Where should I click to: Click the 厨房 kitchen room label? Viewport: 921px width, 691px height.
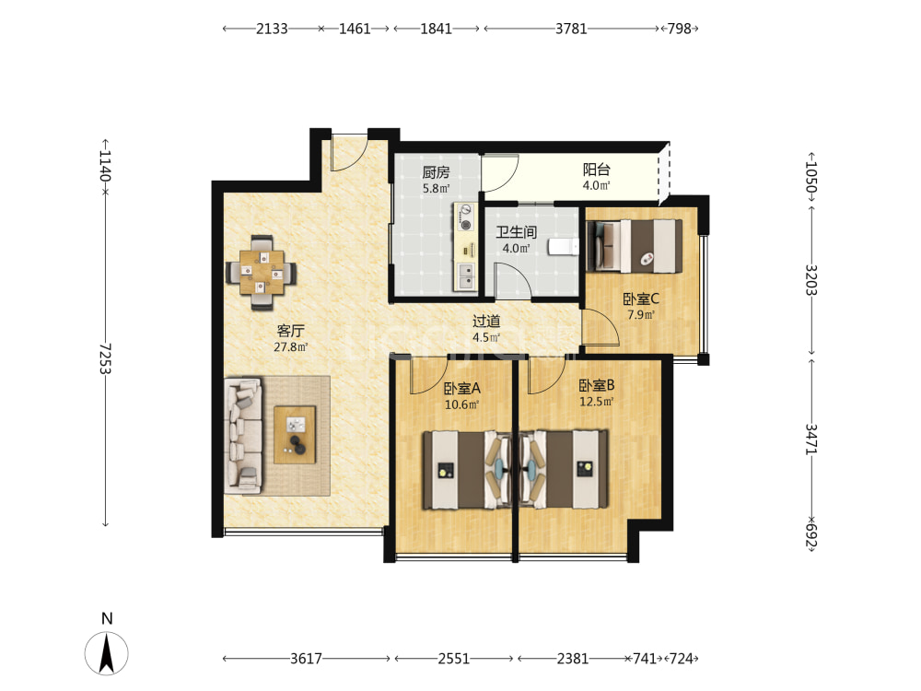coord(436,172)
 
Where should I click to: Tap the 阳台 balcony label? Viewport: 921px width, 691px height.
coord(596,170)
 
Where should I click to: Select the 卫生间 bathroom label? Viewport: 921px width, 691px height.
coord(517,232)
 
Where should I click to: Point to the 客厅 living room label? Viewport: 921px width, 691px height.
coord(291,331)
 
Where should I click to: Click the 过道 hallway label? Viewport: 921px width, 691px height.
coord(486,322)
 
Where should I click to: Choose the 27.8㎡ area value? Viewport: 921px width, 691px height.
coord(291,347)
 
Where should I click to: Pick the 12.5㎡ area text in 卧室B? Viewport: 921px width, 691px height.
coord(597,402)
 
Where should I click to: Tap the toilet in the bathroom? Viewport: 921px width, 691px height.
coord(563,247)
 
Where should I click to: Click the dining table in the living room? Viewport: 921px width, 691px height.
coord(262,273)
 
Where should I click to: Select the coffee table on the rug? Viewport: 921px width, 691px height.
coord(295,434)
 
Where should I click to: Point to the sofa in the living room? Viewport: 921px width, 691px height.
coord(242,436)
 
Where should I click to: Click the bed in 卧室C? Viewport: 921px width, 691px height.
coord(635,246)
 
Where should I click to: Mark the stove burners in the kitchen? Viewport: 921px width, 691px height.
coord(466,217)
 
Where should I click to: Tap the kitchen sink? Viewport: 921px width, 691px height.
coord(466,275)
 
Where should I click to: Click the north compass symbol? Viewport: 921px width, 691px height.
coord(106,653)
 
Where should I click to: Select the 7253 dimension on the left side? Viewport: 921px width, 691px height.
coord(105,358)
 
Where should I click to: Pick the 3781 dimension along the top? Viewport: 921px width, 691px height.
coord(572,29)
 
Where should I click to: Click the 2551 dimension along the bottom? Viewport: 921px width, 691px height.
coord(453,659)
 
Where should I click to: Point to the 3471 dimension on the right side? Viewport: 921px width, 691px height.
coord(811,439)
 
